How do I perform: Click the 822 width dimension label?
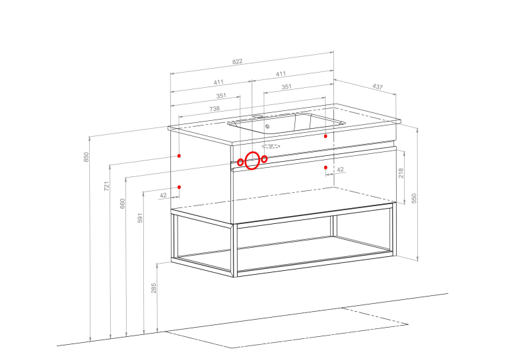238,61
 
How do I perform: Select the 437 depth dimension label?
378,87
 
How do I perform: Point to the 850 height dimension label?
86,157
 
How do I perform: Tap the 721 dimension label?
106,186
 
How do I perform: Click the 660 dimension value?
122,203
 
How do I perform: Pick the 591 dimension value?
140,217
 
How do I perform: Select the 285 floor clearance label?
154,288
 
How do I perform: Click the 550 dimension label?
414,198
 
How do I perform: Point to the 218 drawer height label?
401,173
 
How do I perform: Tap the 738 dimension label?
215,108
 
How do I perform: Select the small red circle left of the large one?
240,162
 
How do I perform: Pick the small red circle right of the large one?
264,159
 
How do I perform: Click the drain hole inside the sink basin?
267,126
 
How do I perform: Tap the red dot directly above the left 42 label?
179,187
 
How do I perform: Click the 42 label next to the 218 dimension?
340,169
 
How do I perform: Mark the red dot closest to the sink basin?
325,136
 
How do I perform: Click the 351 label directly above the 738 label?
221,96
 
